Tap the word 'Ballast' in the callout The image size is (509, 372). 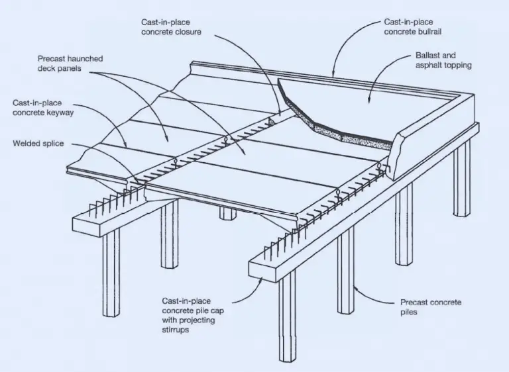(x=432, y=55)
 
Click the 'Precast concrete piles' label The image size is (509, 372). (x=431, y=306)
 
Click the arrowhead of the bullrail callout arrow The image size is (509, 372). (x=333, y=75)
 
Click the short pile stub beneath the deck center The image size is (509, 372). (x=227, y=213)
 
